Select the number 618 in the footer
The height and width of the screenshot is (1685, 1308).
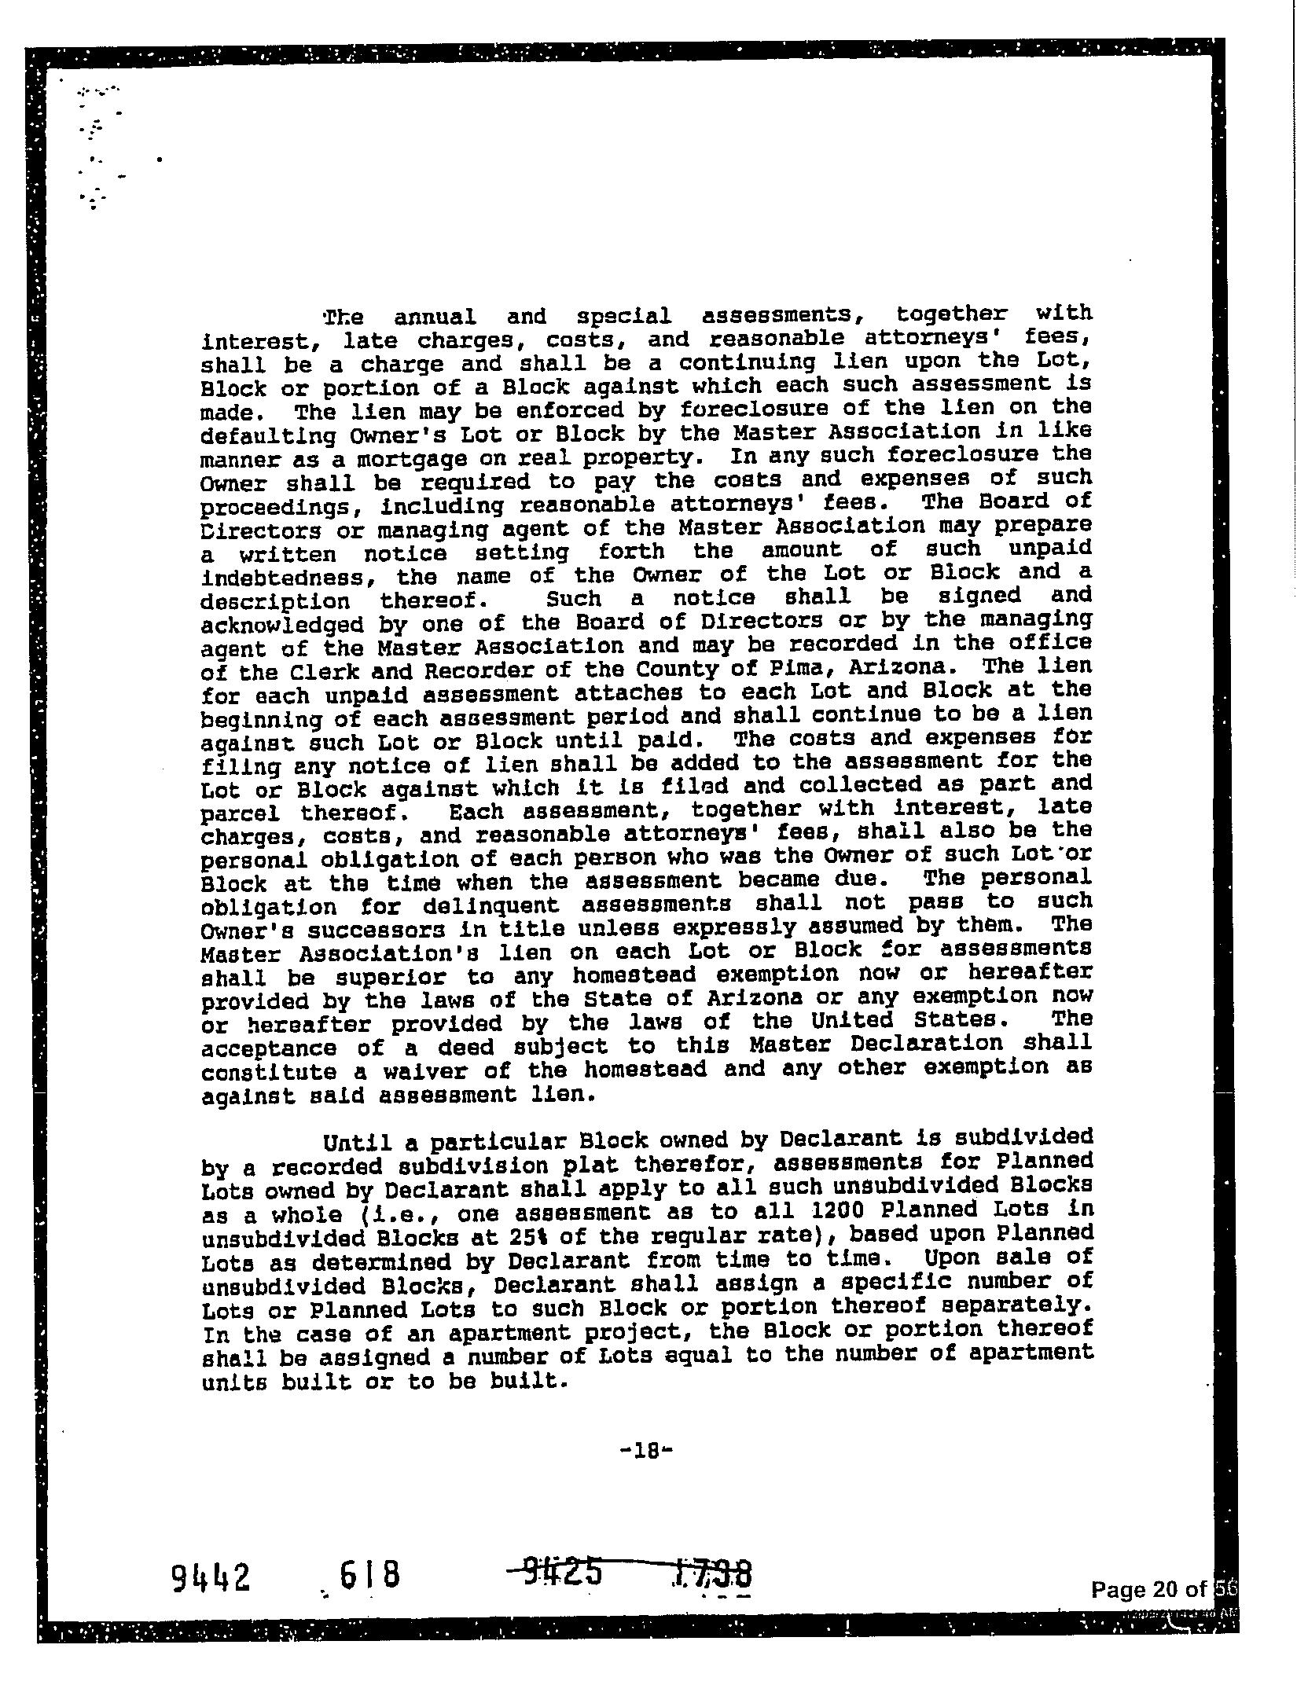369,1575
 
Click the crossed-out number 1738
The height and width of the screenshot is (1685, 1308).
713,1575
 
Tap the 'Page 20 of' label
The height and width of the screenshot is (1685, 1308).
1148,1590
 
